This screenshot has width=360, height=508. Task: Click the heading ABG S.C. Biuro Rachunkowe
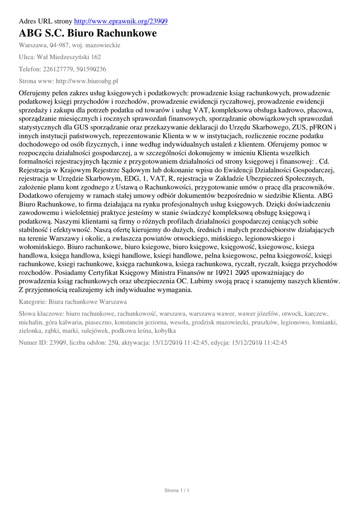87,34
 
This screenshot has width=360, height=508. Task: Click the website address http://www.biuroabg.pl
86,81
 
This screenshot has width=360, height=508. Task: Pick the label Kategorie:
34,301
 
